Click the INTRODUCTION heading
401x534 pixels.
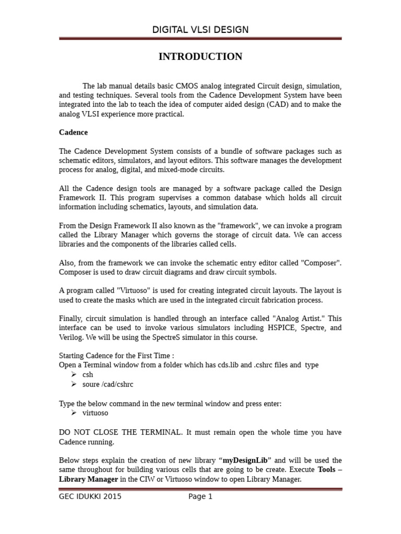point(200,57)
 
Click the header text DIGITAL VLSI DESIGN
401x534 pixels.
point(200,30)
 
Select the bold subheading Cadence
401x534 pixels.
point(73,132)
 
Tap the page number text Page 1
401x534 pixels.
point(200,496)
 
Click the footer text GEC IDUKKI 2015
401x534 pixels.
point(90,496)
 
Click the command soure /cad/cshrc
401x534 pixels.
point(108,384)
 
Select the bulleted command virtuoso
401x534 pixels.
point(96,413)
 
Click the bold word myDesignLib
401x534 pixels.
point(245,460)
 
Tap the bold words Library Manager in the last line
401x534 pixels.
point(88,479)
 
